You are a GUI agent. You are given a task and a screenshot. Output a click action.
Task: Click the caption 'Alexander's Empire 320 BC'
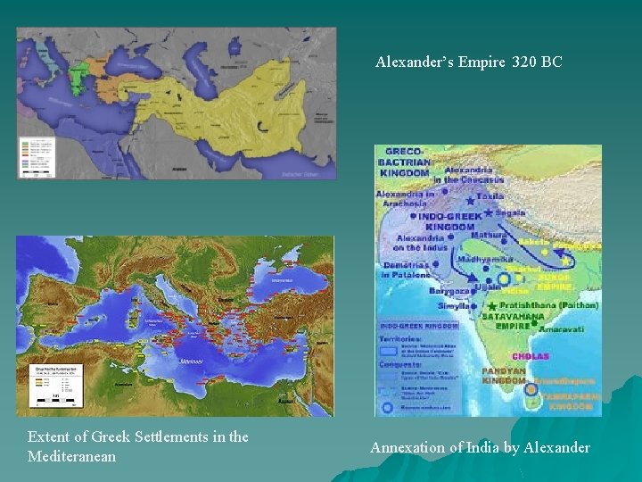click(469, 62)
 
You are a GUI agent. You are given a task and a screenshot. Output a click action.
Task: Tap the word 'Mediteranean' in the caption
click(72, 456)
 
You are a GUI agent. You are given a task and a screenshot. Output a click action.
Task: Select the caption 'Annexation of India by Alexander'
click(480, 447)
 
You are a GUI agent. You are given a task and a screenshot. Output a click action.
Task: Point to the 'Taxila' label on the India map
click(490, 196)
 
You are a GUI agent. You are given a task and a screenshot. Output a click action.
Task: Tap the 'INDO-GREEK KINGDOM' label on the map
click(449, 220)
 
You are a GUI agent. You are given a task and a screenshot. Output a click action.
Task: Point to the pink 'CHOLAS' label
click(530, 357)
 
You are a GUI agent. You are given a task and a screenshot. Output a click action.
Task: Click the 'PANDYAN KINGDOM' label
click(503, 375)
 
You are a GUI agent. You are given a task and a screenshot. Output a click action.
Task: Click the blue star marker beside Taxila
click(470, 201)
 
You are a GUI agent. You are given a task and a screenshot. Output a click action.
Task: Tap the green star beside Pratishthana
click(490, 306)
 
